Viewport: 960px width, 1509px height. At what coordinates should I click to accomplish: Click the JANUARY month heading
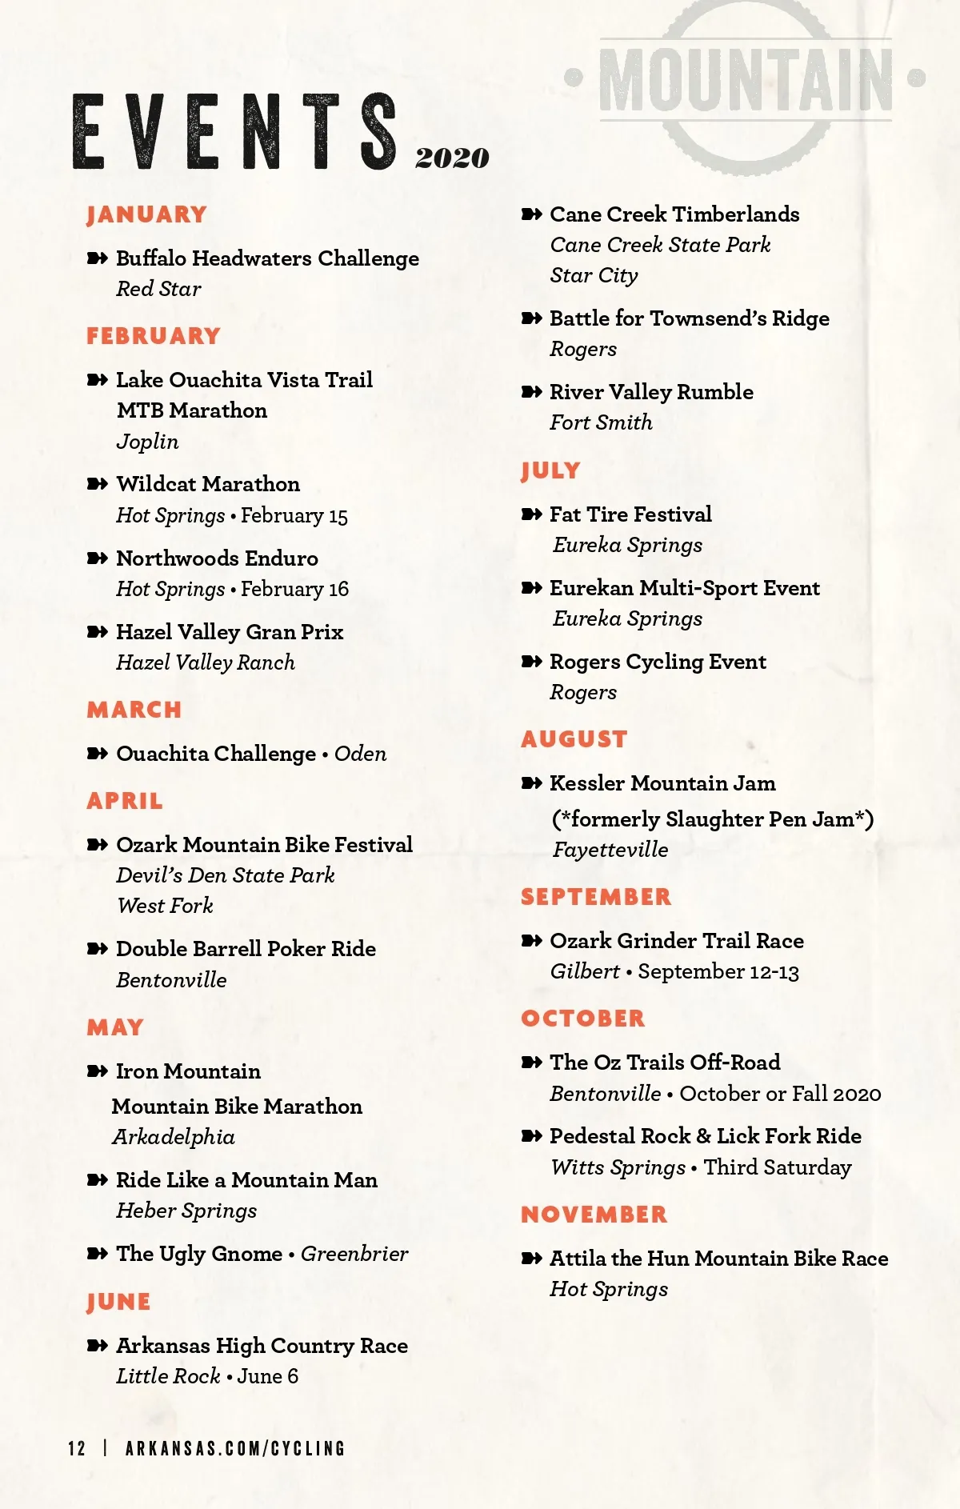146,214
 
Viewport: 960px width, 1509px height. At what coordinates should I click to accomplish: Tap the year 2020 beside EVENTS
452,158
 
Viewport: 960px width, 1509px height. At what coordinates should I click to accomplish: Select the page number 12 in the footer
77,1448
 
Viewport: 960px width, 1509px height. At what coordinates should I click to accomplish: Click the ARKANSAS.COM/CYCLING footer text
235,1448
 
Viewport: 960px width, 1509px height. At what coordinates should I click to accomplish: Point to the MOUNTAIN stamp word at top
746,81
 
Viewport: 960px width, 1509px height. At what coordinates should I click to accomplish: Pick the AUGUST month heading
574,738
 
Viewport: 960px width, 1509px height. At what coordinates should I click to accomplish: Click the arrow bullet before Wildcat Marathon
97,484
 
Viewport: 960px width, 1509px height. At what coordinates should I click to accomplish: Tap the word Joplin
147,441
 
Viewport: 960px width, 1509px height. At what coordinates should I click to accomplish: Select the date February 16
294,590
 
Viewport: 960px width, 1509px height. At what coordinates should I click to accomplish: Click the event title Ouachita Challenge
216,754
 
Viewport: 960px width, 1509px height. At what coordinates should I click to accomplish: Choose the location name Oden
361,754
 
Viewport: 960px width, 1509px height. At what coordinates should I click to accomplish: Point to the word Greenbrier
354,1254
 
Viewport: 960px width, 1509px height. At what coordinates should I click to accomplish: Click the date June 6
268,1376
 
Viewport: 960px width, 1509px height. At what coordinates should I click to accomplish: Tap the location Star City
594,275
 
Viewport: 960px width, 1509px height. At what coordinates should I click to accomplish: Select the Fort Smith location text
601,422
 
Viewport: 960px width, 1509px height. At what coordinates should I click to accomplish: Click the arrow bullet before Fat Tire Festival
531,514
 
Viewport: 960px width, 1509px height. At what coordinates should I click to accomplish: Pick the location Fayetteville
610,850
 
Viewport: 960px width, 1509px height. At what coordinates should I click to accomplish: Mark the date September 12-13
718,972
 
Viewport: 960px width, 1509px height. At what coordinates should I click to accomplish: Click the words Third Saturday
778,1167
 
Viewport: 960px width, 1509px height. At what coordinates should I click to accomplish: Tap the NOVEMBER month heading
594,1215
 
